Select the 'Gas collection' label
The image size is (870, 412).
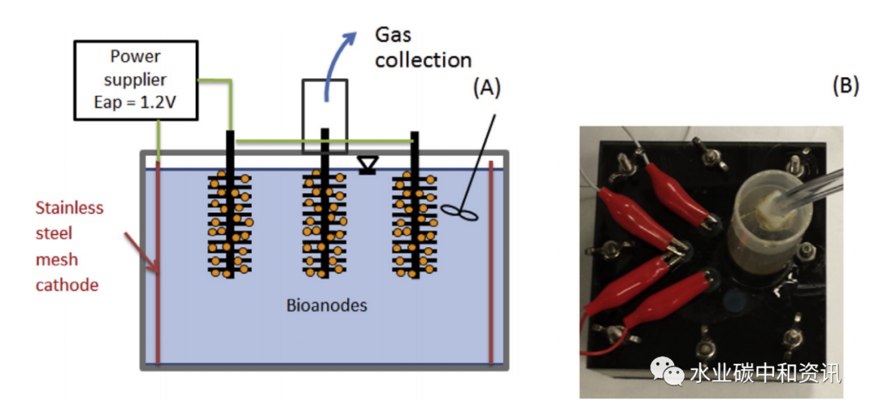422,48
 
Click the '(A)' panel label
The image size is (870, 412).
486,88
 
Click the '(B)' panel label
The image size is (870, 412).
845,86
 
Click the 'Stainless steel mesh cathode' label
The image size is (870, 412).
69,245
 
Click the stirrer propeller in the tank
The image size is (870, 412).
458,212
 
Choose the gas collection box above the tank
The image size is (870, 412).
325,115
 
